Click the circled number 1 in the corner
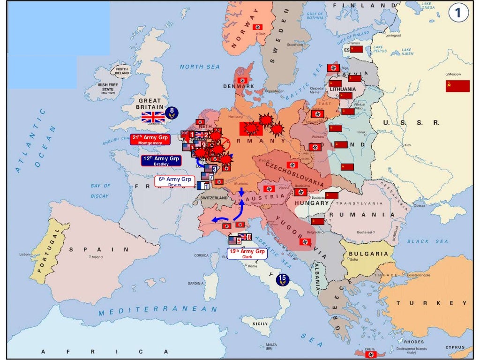tap(458, 13)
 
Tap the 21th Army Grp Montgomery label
tap(150, 140)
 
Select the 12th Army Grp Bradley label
tap(161, 161)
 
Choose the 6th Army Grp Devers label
tap(174, 181)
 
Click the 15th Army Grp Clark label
tap(247, 254)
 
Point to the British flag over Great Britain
tap(153, 117)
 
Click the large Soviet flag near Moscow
tap(457, 86)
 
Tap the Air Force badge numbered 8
tap(172, 113)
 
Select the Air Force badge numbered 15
tap(282, 280)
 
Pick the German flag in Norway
tap(257, 27)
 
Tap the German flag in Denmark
tap(242, 80)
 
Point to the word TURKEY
tap(426, 303)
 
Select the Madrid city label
tap(97, 257)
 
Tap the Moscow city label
tap(454, 75)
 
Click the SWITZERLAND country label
tap(213, 198)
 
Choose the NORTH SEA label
tap(199, 67)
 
